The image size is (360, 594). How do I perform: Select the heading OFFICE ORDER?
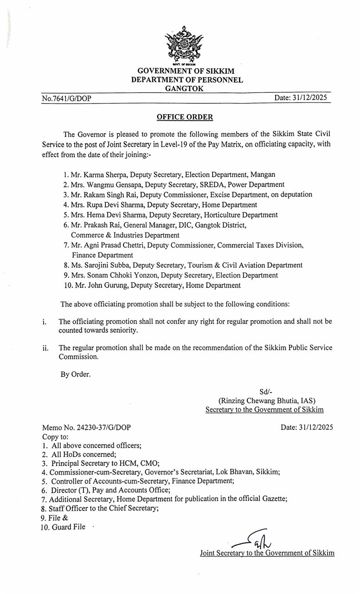tap(185, 117)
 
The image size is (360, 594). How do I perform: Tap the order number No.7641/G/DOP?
tap(66, 98)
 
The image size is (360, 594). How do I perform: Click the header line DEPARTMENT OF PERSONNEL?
tap(186, 80)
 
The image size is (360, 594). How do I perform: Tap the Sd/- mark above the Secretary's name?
tap(266, 392)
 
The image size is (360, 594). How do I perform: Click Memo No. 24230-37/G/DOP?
tap(90, 427)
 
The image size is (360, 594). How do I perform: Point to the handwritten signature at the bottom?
tap(253, 540)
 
